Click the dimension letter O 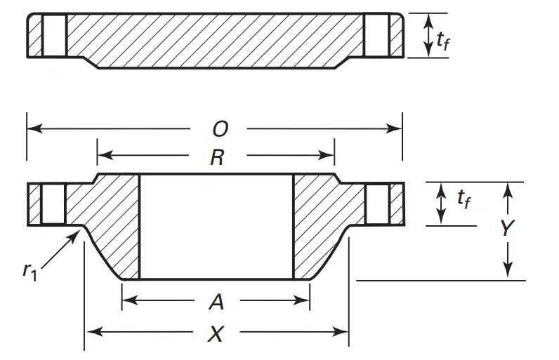click(x=221, y=129)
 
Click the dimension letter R click(x=218, y=157)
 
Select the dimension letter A click(x=216, y=302)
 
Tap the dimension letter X click(x=216, y=334)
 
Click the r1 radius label click(x=29, y=272)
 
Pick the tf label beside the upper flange click(x=443, y=40)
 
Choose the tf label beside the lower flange click(x=463, y=199)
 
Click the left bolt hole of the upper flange click(x=54, y=35)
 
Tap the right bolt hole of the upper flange click(x=376, y=35)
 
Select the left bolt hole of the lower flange click(x=53, y=204)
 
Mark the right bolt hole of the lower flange click(x=377, y=204)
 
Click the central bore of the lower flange click(x=216, y=227)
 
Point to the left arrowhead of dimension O click(x=35, y=128)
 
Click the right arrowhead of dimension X click(x=340, y=332)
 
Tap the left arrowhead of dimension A click(x=130, y=300)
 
